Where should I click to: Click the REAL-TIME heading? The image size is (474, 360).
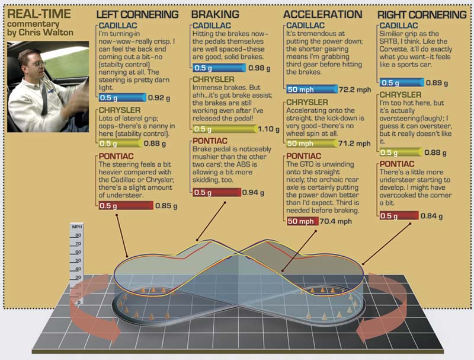tap(39, 14)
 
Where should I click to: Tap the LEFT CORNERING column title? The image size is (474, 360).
tap(137, 14)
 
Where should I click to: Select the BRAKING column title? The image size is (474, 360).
tap(215, 14)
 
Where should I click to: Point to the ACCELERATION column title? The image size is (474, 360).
tap(322, 14)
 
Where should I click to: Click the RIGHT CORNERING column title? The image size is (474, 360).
tap(422, 14)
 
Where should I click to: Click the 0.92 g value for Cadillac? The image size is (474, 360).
tap(159, 98)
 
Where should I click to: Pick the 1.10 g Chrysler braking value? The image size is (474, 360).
tap(268, 129)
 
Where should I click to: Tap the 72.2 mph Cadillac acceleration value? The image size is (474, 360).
tap(354, 90)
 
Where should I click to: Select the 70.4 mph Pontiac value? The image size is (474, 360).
tap(335, 221)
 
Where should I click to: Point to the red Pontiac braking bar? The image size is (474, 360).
tap(217, 192)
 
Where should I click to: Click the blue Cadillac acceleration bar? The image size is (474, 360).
tap(312, 89)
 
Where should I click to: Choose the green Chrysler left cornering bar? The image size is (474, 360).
tap(121, 144)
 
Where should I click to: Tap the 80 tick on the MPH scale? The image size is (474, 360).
tap(78, 235)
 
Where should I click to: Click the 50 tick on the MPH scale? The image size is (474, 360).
tap(78, 260)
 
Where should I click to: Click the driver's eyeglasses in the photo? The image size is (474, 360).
tap(39, 63)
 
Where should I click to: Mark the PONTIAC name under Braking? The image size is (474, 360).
tap(210, 141)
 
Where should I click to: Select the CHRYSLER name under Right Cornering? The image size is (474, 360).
tap(401, 95)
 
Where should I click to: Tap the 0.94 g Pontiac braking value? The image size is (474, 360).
tap(253, 193)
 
